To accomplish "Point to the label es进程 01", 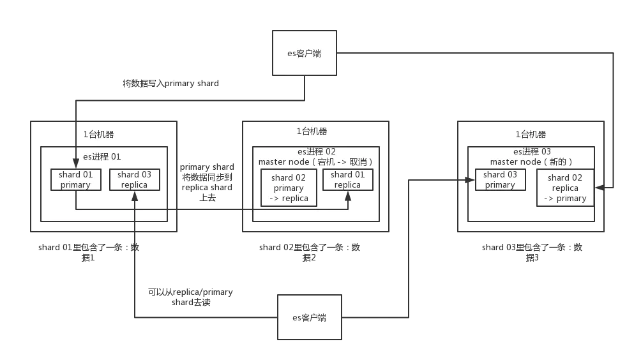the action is click(102, 157).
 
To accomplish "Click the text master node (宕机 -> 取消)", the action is click(315, 162).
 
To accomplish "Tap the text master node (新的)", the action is click(531, 162).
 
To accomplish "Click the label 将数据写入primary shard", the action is click(170, 83).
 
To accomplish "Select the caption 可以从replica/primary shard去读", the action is click(190, 297).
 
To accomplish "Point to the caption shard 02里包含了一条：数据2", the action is click(309, 252).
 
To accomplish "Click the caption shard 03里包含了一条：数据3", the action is click(532, 252).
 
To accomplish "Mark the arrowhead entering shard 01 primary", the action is click(75, 163).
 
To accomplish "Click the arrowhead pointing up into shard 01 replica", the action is click(348, 195).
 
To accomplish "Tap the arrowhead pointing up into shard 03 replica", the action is click(135, 195).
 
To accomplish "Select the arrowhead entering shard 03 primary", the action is click(470, 180).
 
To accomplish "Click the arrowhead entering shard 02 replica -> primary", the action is click(600, 188).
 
